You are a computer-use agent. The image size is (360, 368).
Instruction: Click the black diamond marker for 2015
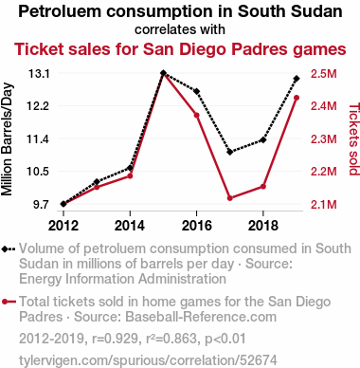pyautogui.click(x=163, y=73)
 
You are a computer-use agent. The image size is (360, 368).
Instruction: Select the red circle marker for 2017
pyautogui.click(x=230, y=198)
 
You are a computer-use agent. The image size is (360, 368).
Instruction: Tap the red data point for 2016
pyautogui.click(x=196, y=115)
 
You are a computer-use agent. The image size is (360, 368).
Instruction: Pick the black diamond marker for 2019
pyautogui.click(x=297, y=79)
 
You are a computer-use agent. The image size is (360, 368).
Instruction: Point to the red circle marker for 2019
pyautogui.click(x=297, y=98)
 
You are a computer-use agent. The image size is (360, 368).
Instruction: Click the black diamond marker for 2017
pyautogui.click(x=230, y=152)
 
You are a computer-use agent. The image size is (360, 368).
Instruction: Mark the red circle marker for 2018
pyautogui.click(x=263, y=187)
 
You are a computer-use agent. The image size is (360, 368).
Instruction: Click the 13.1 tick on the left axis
pyautogui.click(x=39, y=74)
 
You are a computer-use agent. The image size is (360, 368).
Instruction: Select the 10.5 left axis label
pyautogui.click(x=38, y=172)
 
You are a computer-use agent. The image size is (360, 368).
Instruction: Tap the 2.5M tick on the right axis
pyautogui.click(x=324, y=74)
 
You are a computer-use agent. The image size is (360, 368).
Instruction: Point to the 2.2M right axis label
pyautogui.click(x=324, y=172)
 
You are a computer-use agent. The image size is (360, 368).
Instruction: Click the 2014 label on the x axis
pyautogui.click(x=130, y=226)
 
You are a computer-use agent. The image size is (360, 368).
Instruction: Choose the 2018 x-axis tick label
pyautogui.click(x=263, y=226)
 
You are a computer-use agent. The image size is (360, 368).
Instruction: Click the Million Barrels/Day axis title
pyautogui.click(x=7, y=139)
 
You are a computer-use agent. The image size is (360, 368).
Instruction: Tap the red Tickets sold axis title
pyautogui.click(x=354, y=139)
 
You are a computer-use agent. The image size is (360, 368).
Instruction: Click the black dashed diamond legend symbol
pyautogui.click(x=9, y=249)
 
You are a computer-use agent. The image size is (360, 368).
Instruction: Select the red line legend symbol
pyautogui.click(x=9, y=302)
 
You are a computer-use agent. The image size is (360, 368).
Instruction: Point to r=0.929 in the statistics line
pyautogui.click(x=115, y=339)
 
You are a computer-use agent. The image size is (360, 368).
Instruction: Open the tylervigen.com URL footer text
pyautogui.click(x=148, y=360)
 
